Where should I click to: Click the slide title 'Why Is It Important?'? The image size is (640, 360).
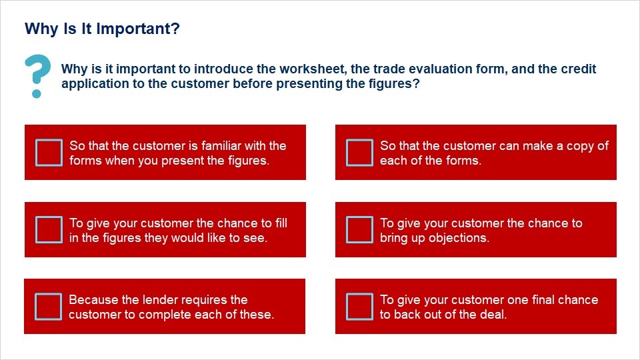point(102,29)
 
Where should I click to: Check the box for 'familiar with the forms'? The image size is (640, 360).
point(49,153)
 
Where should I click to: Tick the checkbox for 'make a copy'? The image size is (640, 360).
point(359,153)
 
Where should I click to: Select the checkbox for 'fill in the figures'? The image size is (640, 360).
point(49,230)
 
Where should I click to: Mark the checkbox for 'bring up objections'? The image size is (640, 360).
point(359,230)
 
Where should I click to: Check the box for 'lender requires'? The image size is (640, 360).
point(49,307)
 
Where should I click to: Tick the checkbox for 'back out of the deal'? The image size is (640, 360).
point(359,307)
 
